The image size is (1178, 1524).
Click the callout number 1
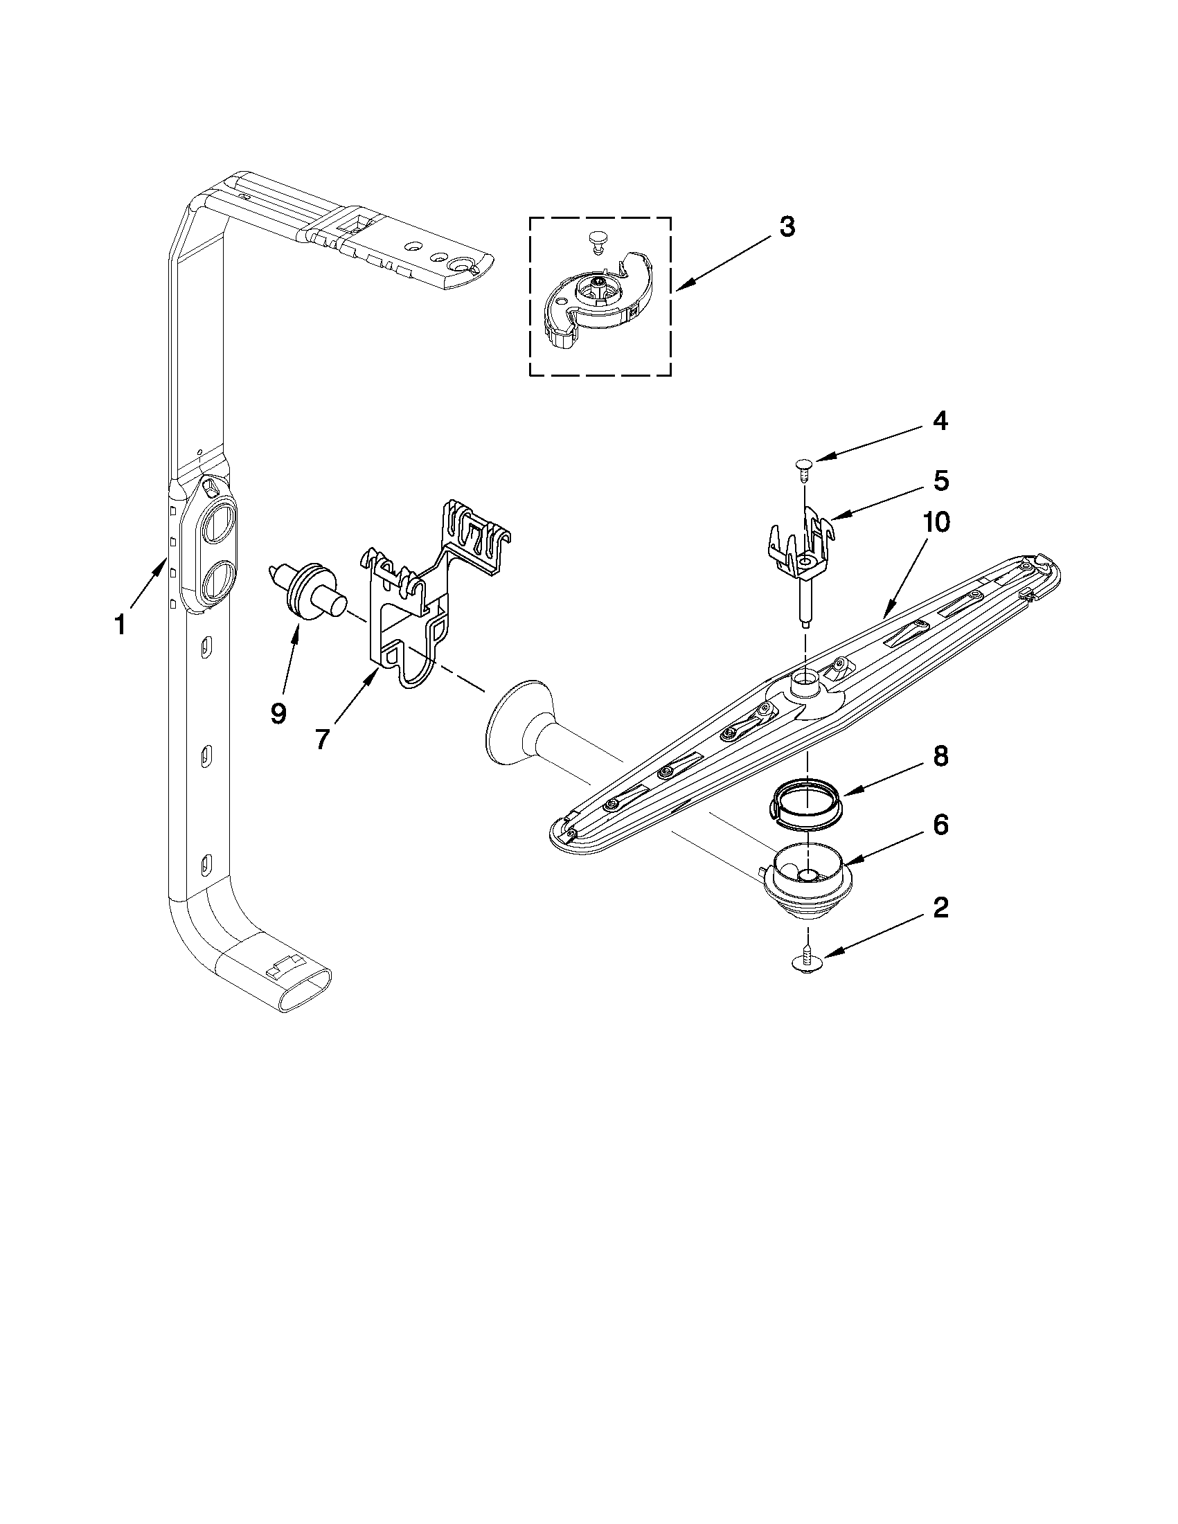[120, 625]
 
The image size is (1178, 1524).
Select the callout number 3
[787, 227]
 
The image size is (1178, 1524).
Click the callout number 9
[278, 713]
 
